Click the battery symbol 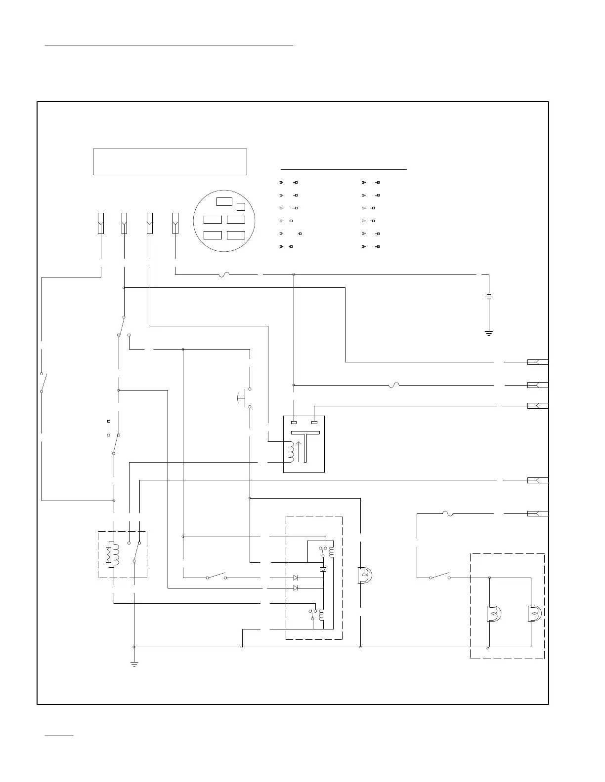[x=489, y=296]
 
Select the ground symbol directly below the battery [x=489, y=333]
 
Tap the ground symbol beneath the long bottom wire [x=134, y=664]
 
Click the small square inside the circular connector [x=241, y=206]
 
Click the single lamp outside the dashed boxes [x=365, y=576]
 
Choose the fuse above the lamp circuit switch [x=448, y=514]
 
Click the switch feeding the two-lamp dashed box [x=439, y=576]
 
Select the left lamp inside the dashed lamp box [x=493, y=613]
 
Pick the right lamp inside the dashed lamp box [x=535, y=613]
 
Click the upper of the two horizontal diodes [x=296, y=577]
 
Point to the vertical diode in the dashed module [x=323, y=569]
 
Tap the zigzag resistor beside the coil [x=109, y=555]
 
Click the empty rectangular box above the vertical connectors [x=170, y=161]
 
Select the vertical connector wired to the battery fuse [x=175, y=223]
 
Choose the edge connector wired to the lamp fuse [x=537, y=513]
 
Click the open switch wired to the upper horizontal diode [x=216, y=576]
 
